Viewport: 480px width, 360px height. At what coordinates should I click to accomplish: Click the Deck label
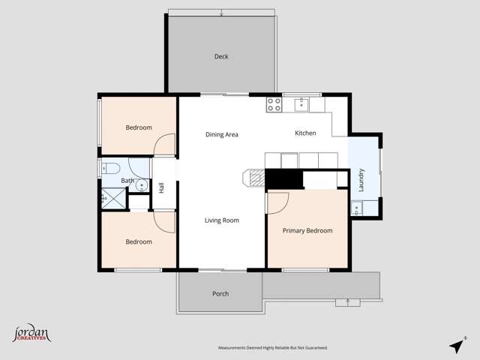click(220, 57)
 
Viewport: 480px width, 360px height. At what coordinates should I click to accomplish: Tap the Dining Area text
click(222, 134)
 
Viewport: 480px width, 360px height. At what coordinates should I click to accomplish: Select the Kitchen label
click(305, 133)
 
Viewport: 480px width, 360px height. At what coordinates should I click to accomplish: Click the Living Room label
click(222, 220)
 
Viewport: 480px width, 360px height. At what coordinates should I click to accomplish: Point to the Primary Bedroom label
click(307, 231)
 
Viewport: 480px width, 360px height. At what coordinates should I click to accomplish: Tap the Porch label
click(220, 293)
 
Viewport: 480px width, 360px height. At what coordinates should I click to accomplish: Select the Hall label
click(162, 187)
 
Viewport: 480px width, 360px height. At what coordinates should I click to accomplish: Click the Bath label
click(127, 181)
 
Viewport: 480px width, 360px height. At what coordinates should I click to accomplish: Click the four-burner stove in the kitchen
click(274, 104)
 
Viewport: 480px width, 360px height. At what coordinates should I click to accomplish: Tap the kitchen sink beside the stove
click(301, 104)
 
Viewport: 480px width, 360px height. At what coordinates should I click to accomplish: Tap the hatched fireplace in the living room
click(255, 178)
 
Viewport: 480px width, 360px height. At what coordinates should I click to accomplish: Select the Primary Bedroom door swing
click(277, 202)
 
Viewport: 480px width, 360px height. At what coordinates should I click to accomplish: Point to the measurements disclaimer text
click(273, 348)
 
